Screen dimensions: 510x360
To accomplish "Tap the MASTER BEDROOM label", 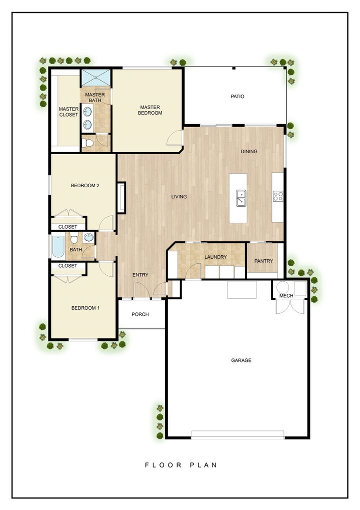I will [150, 110].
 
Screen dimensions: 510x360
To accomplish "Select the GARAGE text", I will [241, 360].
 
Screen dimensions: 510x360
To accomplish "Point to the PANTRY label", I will [263, 261].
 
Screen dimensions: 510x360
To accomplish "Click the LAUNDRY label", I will [215, 257].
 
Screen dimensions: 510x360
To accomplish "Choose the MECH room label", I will [286, 296].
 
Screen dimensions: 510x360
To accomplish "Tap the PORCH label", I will [140, 315].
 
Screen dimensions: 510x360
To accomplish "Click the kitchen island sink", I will [241, 198].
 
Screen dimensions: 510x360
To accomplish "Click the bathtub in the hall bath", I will [58, 246].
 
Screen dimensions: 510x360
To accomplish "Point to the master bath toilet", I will [88, 143].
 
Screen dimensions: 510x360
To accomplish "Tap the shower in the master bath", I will [96, 78].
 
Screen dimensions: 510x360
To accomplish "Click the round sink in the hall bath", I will [89, 237].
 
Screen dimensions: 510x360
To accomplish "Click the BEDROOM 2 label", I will [85, 186].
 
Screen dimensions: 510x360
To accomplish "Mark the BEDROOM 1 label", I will [85, 308].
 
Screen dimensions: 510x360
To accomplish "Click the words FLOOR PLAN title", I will [181, 465].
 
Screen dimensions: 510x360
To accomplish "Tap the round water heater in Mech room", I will [283, 288].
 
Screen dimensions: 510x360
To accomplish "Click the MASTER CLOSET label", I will [68, 112].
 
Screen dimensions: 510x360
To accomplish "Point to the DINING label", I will [249, 152].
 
